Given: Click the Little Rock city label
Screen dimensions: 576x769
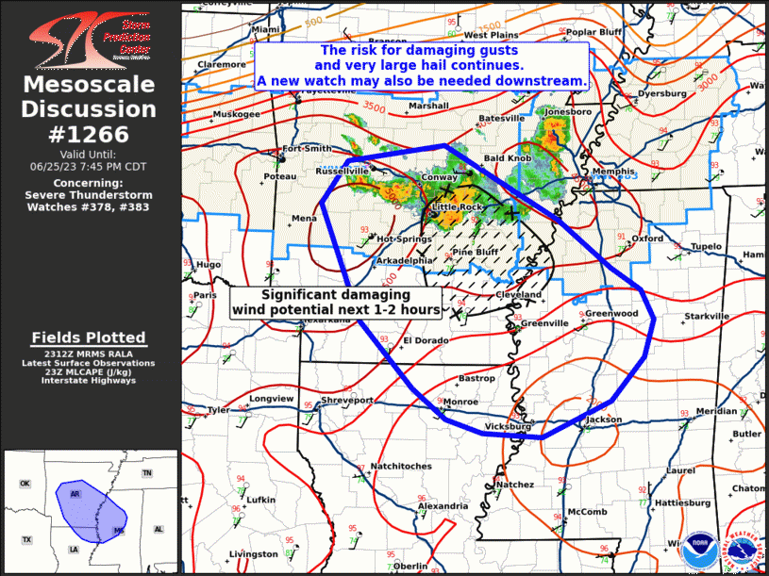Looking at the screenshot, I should click(458, 206).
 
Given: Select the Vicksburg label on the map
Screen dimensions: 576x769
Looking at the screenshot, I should click(508, 426).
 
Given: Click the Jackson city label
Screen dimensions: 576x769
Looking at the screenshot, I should click(604, 420).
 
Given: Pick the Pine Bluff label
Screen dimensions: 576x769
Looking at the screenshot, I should click(475, 253).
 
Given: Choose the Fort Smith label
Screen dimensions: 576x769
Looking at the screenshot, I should click(308, 149).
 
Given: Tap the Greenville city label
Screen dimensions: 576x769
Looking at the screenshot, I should click(544, 322).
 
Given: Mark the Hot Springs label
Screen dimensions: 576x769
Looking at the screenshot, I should click(405, 239).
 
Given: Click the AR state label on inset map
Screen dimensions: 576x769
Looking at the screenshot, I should click(75, 493).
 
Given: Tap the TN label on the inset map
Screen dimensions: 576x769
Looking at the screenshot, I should click(146, 472).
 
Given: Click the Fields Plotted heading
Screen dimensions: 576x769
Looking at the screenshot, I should click(89, 337).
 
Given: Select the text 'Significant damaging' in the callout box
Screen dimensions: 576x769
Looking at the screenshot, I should click(335, 295).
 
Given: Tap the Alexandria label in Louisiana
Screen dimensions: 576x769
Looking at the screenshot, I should click(443, 506).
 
